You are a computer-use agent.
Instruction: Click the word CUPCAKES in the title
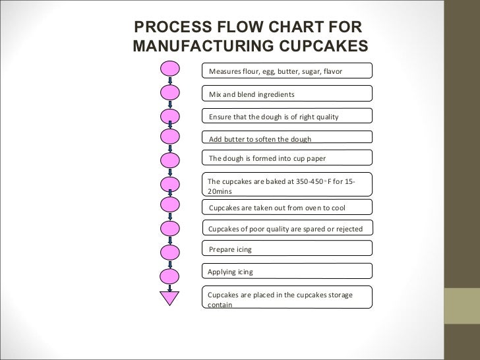point(322,46)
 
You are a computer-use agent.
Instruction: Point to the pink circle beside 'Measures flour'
point(170,69)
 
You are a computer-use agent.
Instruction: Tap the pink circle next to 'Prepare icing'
point(170,252)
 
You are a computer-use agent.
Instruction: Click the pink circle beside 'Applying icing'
point(170,275)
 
